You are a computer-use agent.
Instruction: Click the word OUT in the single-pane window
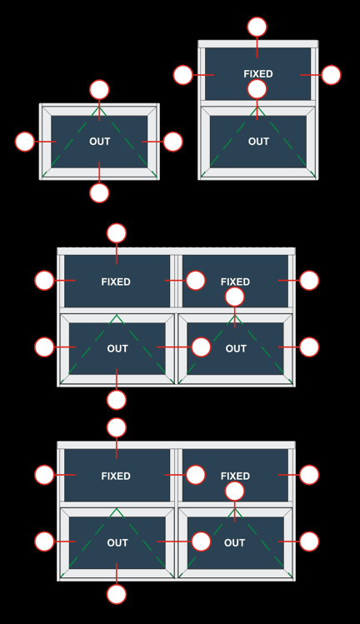pyautogui.click(x=99, y=142)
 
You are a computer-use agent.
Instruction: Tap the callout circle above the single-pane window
pyautogui.click(x=99, y=89)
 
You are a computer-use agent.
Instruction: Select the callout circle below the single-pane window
pyautogui.click(x=99, y=193)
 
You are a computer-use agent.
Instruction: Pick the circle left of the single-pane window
pyautogui.click(x=25, y=142)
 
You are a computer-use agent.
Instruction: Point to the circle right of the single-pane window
pyautogui.click(x=172, y=142)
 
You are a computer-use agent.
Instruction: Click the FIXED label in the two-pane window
pyautogui.click(x=258, y=74)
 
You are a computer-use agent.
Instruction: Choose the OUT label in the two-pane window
pyautogui.click(x=258, y=142)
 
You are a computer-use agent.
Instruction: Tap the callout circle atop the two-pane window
pyautogui.click(x=257, y=27)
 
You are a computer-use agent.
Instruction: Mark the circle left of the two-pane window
pyautogui.click(x=183, y=75)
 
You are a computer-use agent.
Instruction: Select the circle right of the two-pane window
pyautogui.click(x=331, y=75)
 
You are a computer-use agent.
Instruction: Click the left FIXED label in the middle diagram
pyautogui.click(x=116, y=282)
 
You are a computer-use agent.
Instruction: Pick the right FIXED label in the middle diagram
pyautogui.click(x=235, y=282)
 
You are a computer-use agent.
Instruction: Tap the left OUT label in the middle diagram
pyautogui.click(x=117, y=348)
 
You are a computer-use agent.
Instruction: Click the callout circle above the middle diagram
pyautogui.click(x=117, y=233)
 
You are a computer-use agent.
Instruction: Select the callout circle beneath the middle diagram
pyautogui.click(x=117, y=400)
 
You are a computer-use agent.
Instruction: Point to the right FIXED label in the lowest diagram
pyautogui.click(x=235, y=476)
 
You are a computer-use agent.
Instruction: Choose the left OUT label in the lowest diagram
pyautogui.click(x=117, y=543)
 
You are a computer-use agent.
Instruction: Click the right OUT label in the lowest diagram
pyautogui.click(x=234, y=543)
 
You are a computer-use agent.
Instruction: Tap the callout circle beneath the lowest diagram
pyautogui.click(x=117, y=594)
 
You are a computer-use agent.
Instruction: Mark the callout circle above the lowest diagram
pyautogui.click(x=117, y=427)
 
